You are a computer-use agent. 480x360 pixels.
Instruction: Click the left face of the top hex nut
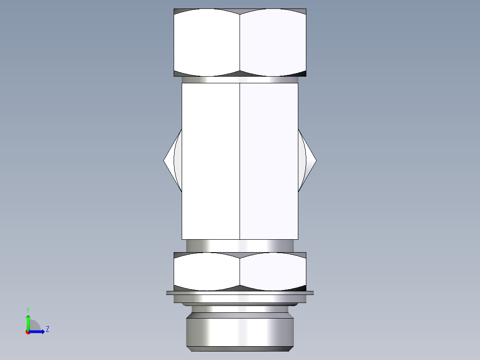click(x=207, y=42)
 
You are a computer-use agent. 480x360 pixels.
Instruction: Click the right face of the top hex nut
click(x=273, y=42)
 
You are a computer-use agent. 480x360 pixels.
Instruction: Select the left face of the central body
click(x=211, y=160)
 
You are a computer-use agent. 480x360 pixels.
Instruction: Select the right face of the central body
click(x=269, y=160)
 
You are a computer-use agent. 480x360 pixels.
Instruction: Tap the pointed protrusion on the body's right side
click(x=310, y=160)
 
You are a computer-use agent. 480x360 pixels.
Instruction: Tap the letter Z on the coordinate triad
click(x=47, y=329)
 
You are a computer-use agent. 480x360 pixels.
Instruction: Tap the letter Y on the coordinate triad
click(x=28, y=309)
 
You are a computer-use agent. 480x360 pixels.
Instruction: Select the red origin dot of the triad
click(x=28, y=332)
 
